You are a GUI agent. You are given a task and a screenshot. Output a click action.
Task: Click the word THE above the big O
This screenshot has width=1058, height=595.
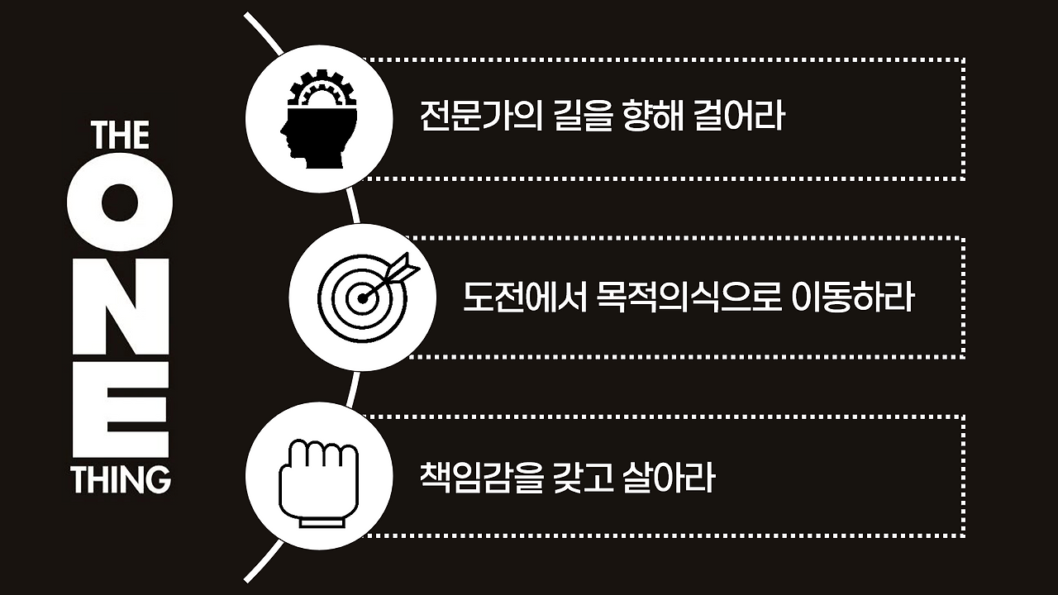(120, 136)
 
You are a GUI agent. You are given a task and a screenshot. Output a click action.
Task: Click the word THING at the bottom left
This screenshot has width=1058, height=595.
(120, 479)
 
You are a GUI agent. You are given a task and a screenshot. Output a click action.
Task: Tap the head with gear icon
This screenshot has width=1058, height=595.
(319, 119)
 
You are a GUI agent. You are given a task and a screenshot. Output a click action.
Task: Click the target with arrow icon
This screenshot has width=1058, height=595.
(362, 297)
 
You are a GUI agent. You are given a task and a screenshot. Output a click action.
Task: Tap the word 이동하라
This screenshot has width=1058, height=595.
(852, 298)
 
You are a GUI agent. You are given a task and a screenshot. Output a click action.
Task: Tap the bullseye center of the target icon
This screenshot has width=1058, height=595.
(361, 298)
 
